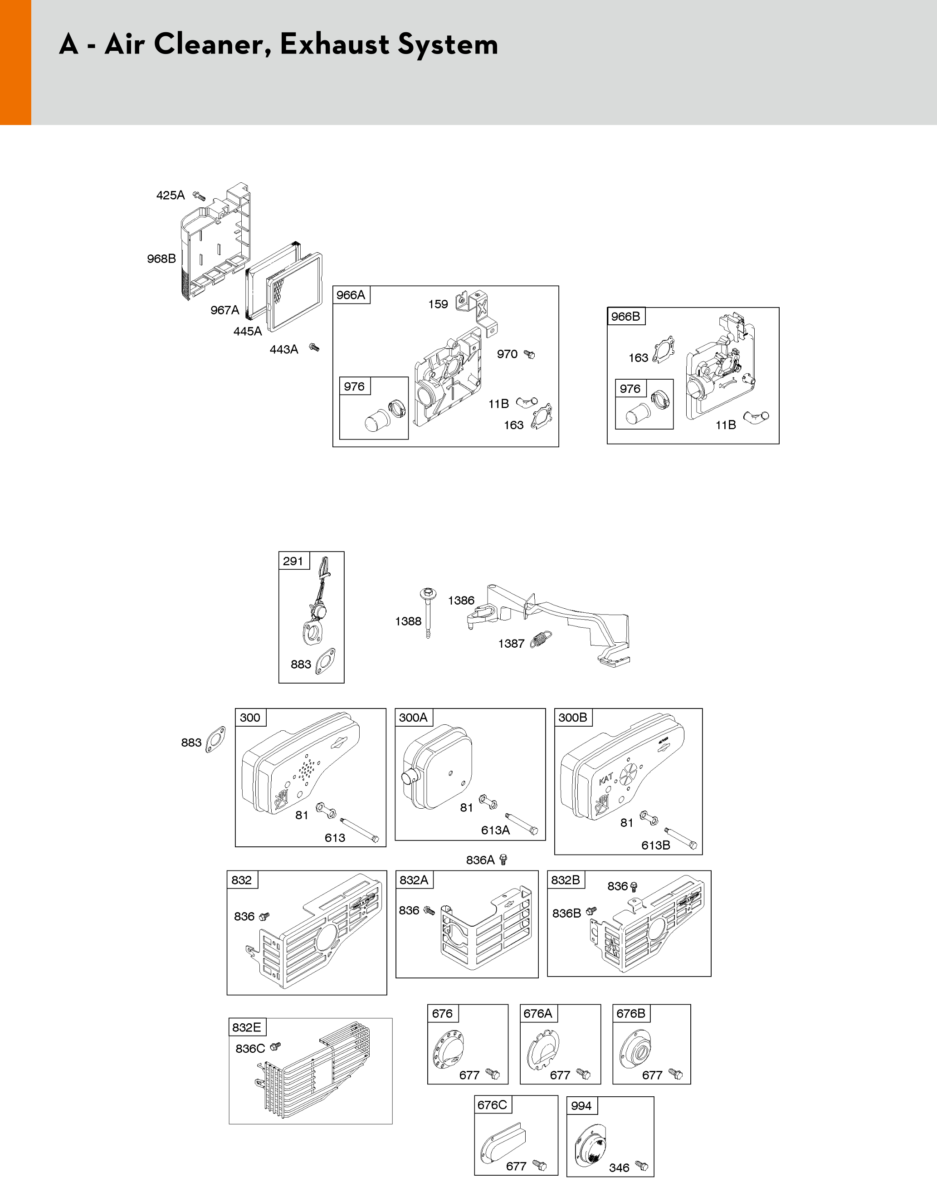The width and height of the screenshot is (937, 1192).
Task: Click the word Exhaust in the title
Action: click(x=335, y=44)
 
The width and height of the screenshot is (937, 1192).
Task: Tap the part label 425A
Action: click(x=171, y=195)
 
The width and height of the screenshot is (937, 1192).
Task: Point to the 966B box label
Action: click(x=625, y=317)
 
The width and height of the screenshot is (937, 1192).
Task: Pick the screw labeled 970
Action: click(x=529, y=354)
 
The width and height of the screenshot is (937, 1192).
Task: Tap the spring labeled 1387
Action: click(x=541, y=640)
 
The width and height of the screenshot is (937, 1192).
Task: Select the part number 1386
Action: click(x=461, y=600)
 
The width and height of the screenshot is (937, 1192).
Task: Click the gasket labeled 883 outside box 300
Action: click(x=215, y=739)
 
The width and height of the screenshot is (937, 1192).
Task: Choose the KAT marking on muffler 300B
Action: click(x=606, y=778)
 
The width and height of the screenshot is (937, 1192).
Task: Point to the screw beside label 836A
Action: click(x=503, y=859)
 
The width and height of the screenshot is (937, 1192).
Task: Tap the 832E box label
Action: click(x=246, y=1027)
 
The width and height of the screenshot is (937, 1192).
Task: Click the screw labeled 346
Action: click(x=641, y=1166)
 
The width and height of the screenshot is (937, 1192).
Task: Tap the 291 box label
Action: click(x=293, y=561)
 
